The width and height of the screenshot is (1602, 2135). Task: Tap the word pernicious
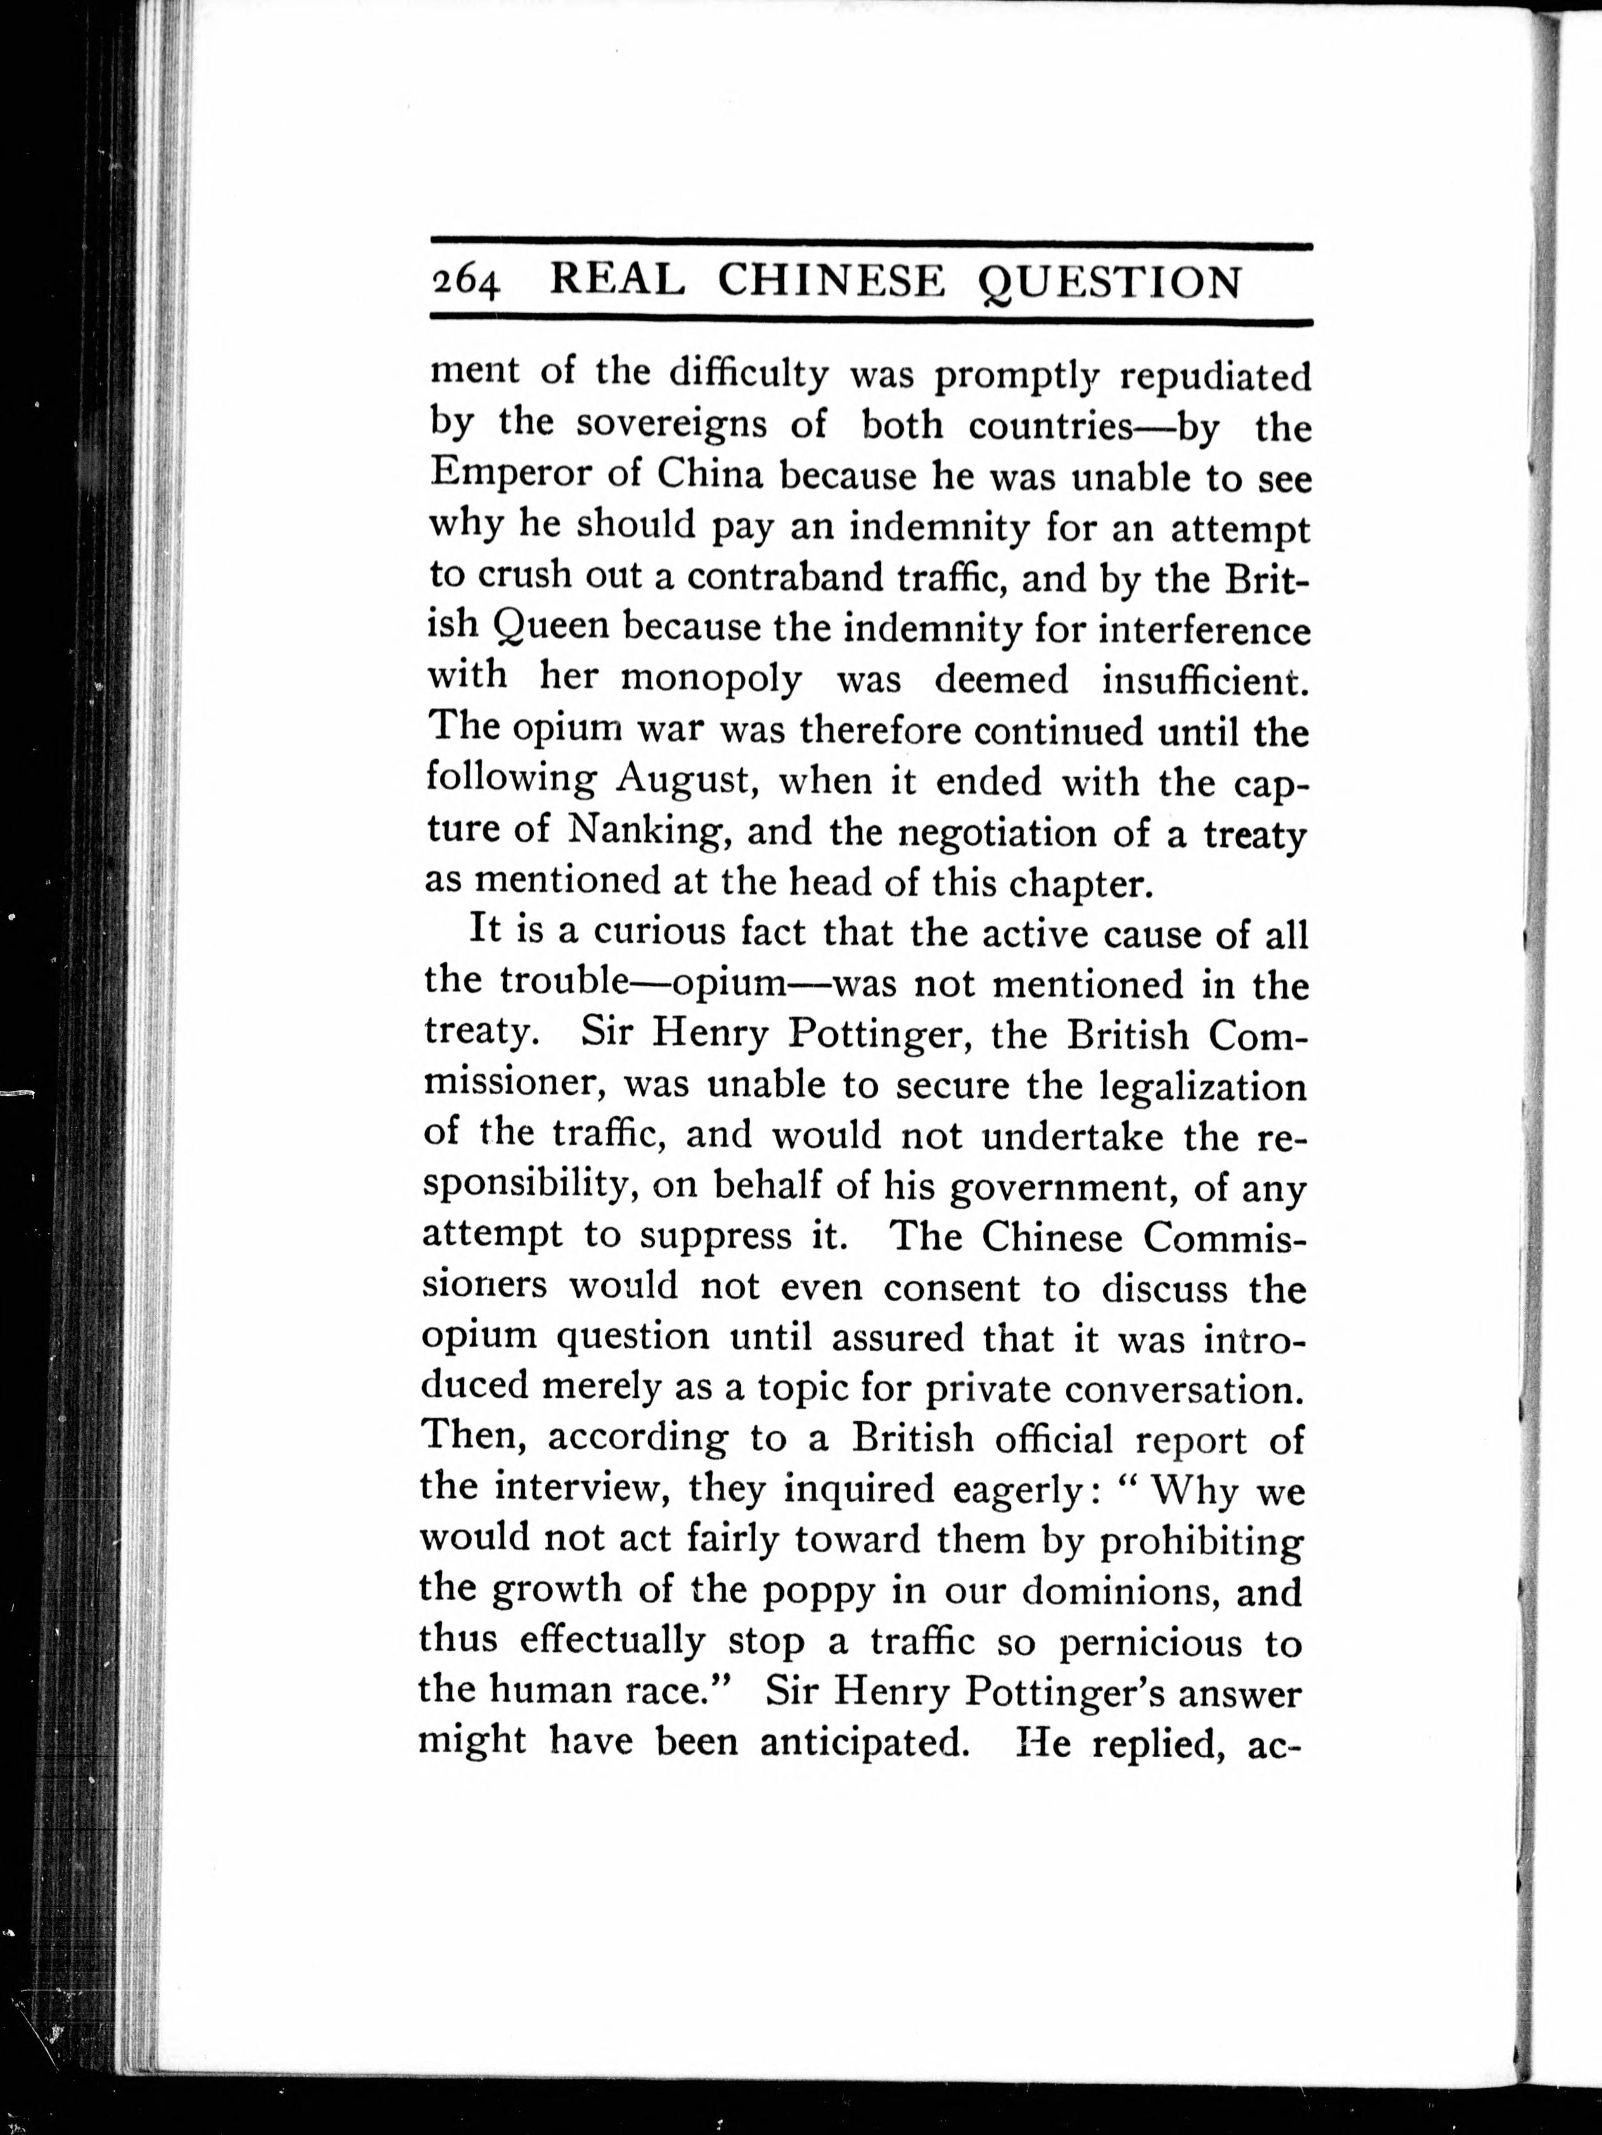(1150, 1642)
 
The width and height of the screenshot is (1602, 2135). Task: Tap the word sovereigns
(632, 425)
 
